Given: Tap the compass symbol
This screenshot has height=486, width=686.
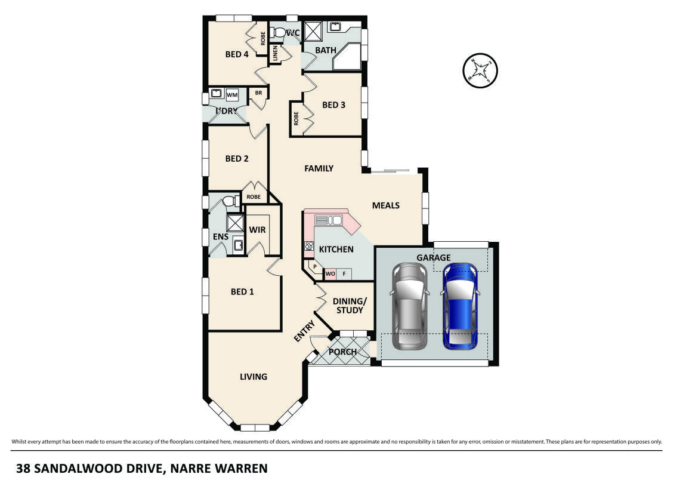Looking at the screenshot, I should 480,70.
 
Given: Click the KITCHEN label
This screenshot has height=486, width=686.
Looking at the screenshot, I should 336,249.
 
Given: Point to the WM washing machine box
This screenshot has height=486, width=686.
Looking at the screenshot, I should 232,94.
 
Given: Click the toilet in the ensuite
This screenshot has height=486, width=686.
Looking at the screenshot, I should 230,202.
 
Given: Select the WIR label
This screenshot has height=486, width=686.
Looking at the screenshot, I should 257,230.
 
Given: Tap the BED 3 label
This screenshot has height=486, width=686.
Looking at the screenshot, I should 333,105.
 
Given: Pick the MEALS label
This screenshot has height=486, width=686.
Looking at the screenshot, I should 385,205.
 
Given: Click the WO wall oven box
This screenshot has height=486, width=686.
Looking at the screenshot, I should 330,274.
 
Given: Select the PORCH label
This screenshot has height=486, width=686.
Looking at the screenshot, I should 343,352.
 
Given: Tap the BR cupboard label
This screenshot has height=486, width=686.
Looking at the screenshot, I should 258,93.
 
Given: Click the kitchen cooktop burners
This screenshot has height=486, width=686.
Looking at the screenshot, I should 309,245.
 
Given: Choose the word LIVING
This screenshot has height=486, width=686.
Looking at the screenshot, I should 254,377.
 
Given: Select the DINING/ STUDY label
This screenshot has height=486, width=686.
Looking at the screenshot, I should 348,306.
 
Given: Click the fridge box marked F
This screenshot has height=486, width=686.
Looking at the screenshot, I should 344,274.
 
